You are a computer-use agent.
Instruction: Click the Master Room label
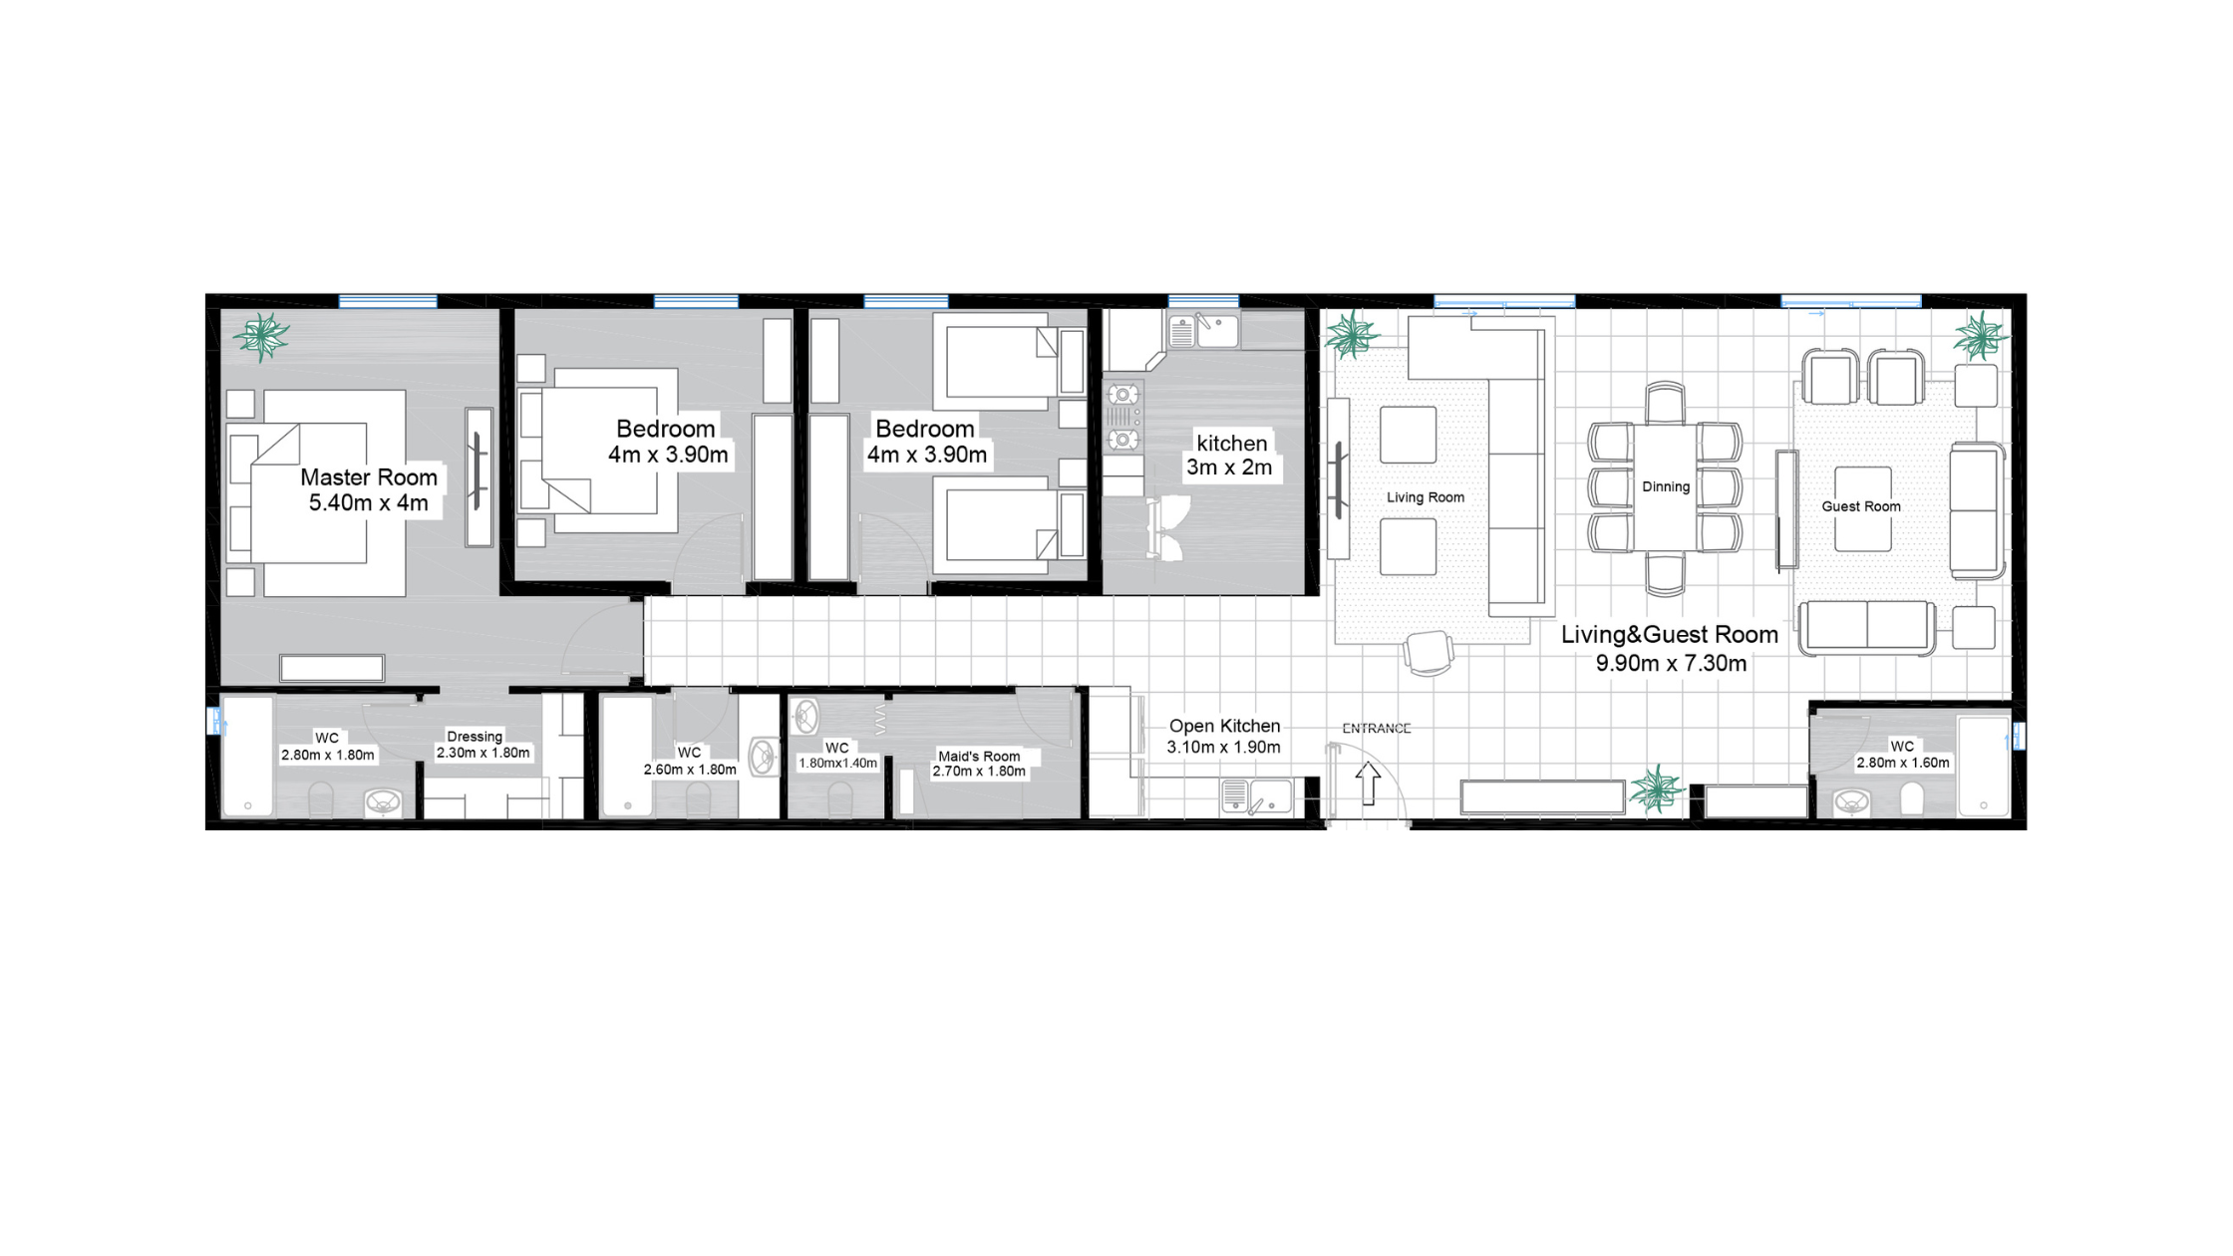point(369,477)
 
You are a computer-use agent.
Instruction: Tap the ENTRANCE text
point(1377,729)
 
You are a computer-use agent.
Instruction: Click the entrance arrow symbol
point(1368,784)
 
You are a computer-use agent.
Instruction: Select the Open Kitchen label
point(1224,726)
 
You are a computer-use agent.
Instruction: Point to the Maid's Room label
point(979,757)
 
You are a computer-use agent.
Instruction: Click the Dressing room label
point(475,737)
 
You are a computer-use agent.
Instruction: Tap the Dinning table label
point(1666,486)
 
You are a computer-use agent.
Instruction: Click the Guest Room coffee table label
point(1861,506)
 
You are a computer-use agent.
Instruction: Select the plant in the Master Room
point(261,336)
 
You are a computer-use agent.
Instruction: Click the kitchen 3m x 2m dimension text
point(1229,468)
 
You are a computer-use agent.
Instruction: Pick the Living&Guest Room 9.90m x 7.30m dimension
point(1671,663)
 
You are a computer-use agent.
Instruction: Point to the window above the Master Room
point(388,301)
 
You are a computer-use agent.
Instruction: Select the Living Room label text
point(1426,497)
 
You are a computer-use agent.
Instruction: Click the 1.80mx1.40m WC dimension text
point(837,764)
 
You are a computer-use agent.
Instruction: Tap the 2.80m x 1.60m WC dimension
point(1902,763)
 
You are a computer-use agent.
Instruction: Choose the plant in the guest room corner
point(1981,336)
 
